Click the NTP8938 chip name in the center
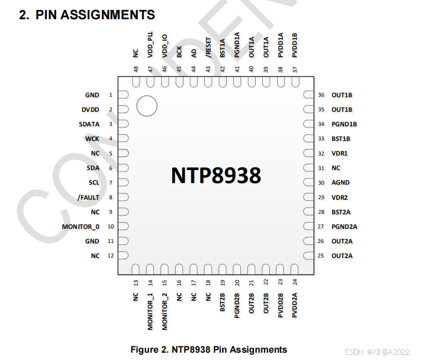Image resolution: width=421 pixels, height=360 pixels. point(216,176)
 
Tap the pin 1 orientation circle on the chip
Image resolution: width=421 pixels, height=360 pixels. point(147,107)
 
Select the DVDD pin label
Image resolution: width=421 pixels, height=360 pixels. point(90,110)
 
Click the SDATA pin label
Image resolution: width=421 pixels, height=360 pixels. point(89,124)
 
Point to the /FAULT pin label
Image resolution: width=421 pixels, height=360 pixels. point(88,198)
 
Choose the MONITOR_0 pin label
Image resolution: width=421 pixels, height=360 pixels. point(81,227)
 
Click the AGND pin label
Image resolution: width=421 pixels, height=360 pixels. point(340,183)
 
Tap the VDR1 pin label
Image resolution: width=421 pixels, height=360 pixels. point(339,153)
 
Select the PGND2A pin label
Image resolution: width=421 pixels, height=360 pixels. point(344,227)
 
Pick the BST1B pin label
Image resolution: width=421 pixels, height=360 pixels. point(341,139)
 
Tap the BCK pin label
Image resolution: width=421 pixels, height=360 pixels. point(179,52)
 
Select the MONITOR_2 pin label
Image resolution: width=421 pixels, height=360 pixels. point(165,311)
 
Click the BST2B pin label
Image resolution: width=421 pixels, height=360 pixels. point(222,302)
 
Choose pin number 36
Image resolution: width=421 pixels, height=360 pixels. point(321,95)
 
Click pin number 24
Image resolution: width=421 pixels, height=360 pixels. point(295,282)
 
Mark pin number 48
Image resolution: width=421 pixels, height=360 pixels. point(136,69)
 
